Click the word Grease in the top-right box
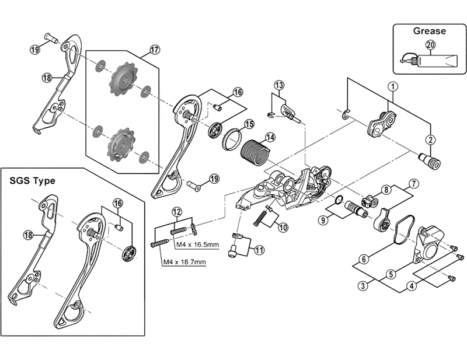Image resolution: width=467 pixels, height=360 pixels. (429, 31)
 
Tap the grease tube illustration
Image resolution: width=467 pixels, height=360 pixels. (432, 60)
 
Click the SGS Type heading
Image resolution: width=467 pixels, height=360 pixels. (33, 181)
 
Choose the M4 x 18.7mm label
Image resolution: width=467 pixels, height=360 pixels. (184, 262)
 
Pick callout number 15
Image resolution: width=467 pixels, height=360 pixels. (249, 124)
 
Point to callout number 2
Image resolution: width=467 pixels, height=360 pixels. (431, 139)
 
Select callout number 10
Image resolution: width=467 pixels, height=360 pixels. (283, 227)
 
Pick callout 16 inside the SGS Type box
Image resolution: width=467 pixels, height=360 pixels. (119, 203)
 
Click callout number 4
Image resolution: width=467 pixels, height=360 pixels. (413, 286)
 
